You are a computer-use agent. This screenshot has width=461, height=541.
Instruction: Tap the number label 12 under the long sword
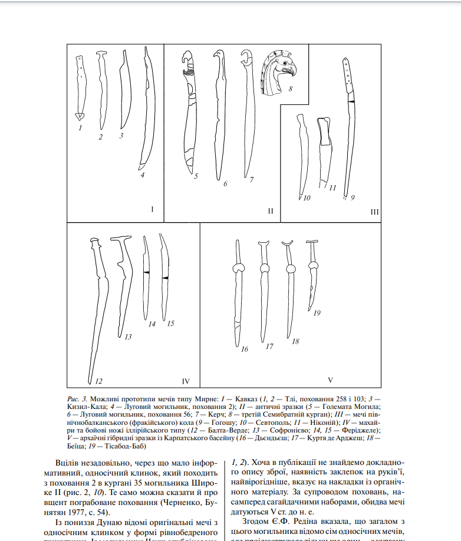pos(99,381)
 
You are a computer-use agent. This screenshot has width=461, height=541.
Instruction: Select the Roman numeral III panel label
pos(374,212)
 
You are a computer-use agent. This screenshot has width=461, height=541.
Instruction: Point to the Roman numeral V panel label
pos(330,380)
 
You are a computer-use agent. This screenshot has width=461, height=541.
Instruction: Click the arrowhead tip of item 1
pos(80,116)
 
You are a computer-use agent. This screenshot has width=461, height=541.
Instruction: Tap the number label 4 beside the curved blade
pos(142,174)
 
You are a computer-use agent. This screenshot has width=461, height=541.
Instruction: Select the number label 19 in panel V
pos(317,313)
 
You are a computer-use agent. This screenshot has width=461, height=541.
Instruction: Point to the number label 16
pos(244,349)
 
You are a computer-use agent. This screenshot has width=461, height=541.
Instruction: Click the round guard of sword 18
pos(290,270)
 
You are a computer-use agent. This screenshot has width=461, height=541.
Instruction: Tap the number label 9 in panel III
pos(352,198)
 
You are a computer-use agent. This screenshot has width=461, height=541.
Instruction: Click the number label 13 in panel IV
pos(127,337)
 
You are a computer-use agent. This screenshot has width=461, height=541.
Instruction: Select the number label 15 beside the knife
pos(171,323)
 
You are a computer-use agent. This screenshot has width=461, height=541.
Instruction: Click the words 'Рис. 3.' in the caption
pos(77,398)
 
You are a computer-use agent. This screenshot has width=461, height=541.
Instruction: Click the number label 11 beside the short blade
pos(332,188)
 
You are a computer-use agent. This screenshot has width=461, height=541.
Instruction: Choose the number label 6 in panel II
pos(225,184)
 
